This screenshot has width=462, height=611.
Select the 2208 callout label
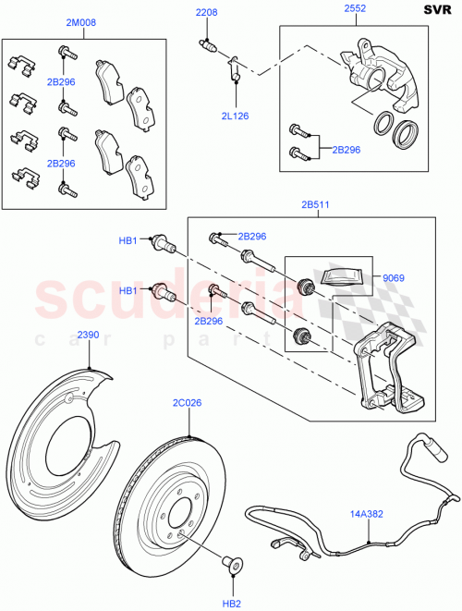point(205,13)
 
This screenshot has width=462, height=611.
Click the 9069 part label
point(395,276)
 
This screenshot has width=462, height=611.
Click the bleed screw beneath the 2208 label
point(209,45)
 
